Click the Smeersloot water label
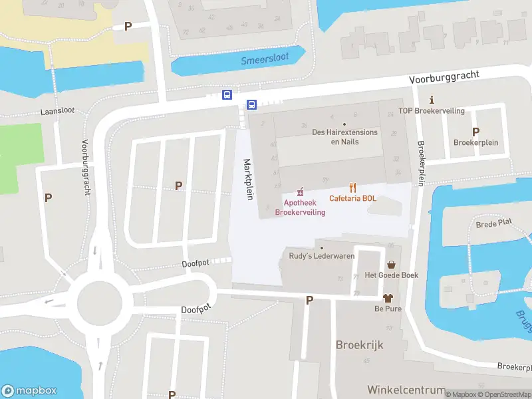point(265,59)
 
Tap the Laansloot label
point(57,112)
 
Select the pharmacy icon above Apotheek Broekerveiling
point(301,192)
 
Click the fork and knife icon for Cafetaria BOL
point(353,188)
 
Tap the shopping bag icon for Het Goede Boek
point(390,264)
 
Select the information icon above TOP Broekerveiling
point(431,100)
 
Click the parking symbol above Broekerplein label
point(475,132)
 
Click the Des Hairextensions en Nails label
point(344,137)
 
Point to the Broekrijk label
point(360,346)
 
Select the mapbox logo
point(29,391)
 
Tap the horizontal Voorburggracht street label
point(444,78)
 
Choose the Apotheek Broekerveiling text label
point(301,207)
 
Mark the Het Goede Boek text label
point(391,275)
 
